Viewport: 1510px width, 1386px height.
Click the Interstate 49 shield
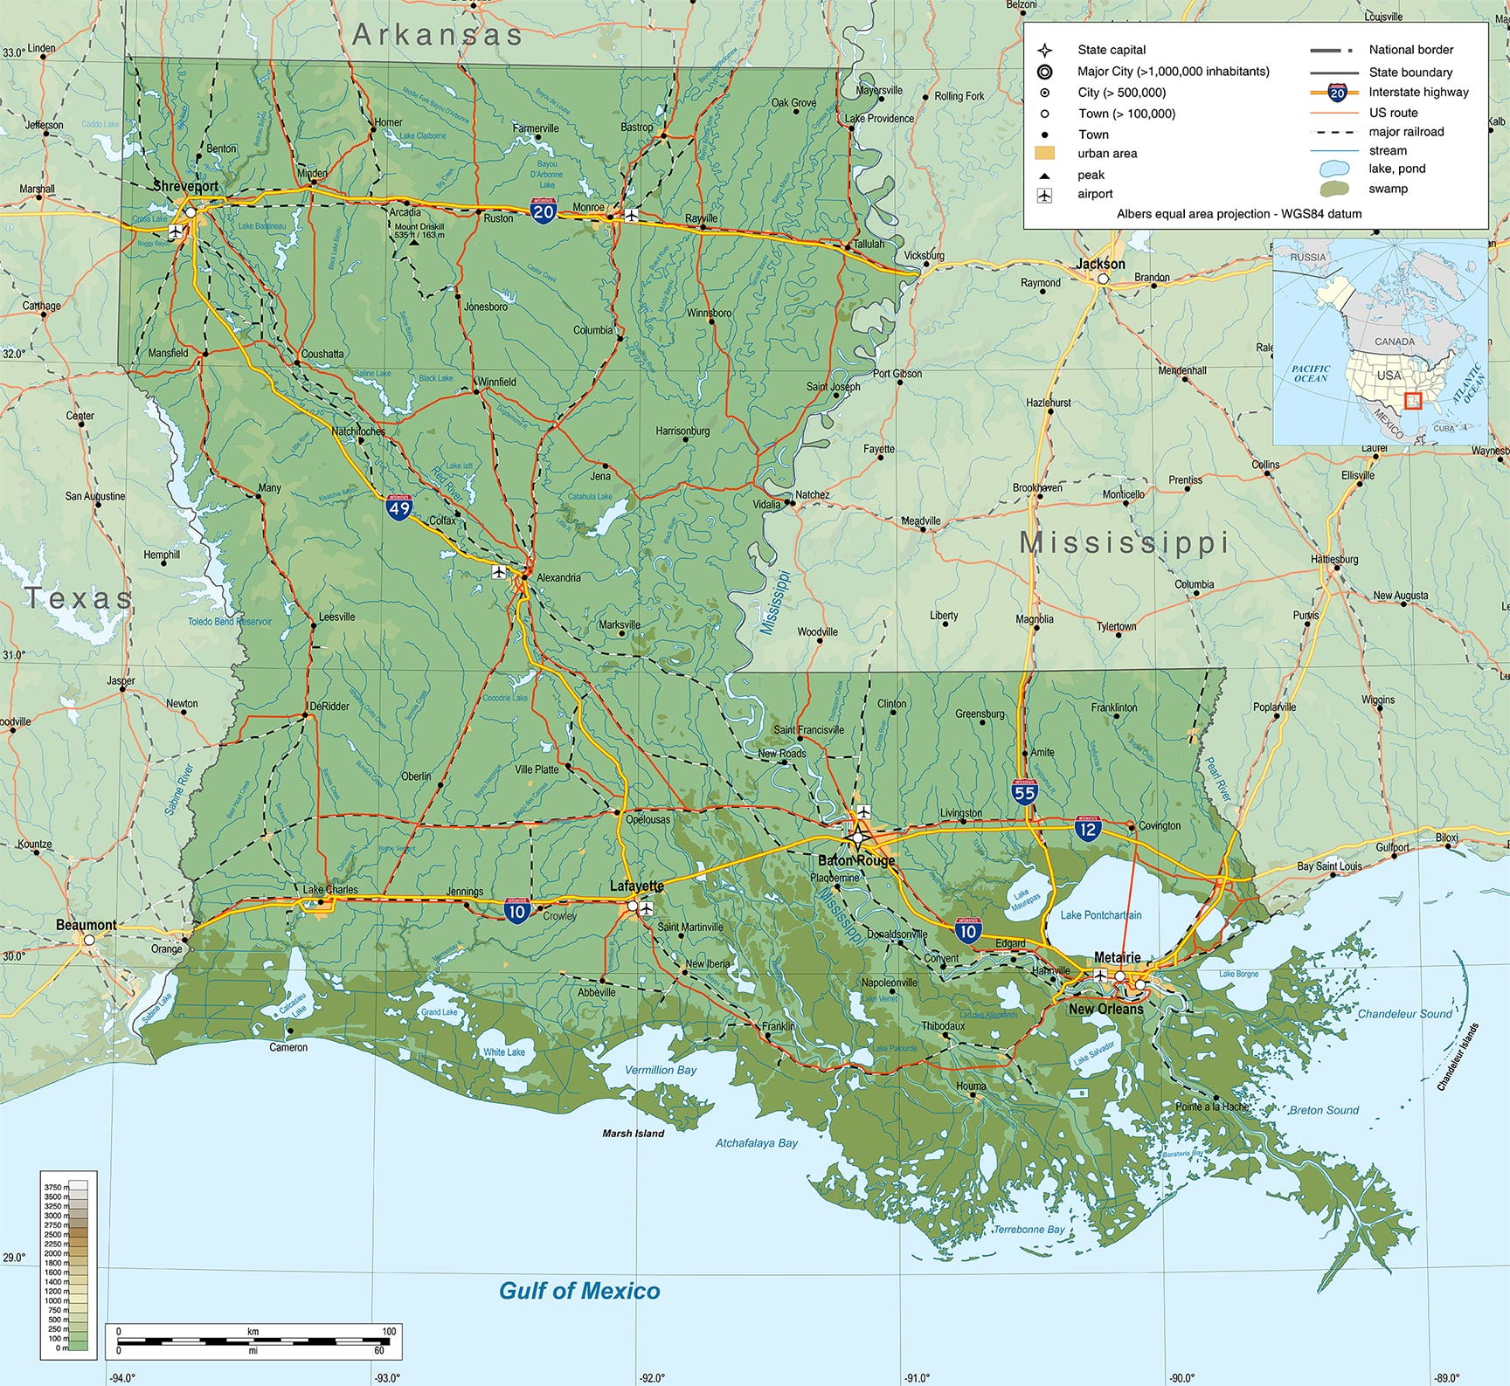(399, 507)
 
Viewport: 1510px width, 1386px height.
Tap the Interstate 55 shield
(1024, 792)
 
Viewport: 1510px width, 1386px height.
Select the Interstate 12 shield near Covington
(1087, 829)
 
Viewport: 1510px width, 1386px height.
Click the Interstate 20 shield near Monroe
(544, 210)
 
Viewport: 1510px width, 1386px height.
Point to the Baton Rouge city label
(856, 860)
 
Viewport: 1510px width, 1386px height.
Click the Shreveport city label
(185, 186)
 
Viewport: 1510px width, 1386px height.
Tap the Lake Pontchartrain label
(1100, 915)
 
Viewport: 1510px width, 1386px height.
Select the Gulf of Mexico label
(579, 1291)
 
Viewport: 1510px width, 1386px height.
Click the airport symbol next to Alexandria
(499, 572)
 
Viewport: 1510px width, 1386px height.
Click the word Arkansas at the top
(437, 35)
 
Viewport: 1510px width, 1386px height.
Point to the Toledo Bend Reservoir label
(230, 622)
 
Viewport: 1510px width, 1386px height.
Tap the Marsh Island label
(633, 1134)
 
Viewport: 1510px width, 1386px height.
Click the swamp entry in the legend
(1388, 189)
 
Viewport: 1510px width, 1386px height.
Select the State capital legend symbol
(1044, 50)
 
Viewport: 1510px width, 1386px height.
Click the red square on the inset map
(1413, 401)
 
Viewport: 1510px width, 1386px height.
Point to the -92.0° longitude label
(651, 1378)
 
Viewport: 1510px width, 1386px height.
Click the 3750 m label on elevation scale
(55, 1188)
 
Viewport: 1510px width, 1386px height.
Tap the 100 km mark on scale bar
(388, 1332)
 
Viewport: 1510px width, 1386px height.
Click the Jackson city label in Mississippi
(1100, 264)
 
